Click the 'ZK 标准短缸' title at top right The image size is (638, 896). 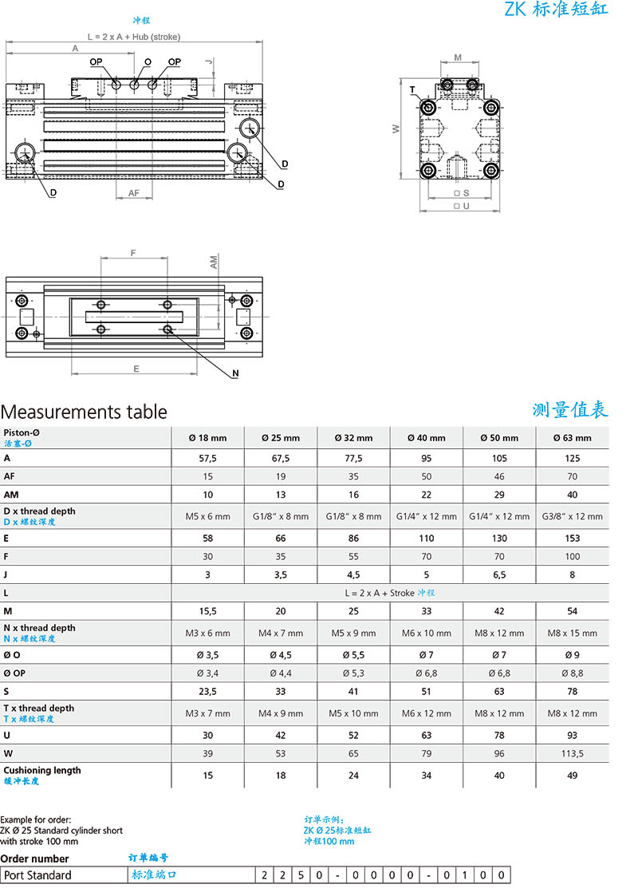[x=556, y=10]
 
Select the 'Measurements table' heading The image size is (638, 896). [x=84, y=412]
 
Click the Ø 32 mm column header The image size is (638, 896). [x=353, y=437]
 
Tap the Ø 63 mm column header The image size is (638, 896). [x=572, y=437]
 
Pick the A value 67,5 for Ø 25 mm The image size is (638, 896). [x=281, y=459]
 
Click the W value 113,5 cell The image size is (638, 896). [x=572, y=753]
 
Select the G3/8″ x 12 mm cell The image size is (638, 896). [x=572, y=516]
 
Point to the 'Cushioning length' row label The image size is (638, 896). [x=42, y=770]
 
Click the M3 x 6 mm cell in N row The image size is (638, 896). [x=207, y=633]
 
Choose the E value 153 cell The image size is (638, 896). [x=572, y=538]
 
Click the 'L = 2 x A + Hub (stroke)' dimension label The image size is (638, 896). [x=133, y=37]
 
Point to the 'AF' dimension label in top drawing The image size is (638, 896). [x=134, y=193]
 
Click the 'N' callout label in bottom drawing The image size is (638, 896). [x=235, y=373]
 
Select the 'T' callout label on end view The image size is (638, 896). [x=412, y=89]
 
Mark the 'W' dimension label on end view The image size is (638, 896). [x=396, y=129]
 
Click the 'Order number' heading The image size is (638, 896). [x=35, y=859]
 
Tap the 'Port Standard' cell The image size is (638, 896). [x=37, y=875]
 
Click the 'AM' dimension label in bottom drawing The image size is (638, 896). [x=214, y=262]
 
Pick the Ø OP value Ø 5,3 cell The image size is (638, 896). [x=353, y=673]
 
